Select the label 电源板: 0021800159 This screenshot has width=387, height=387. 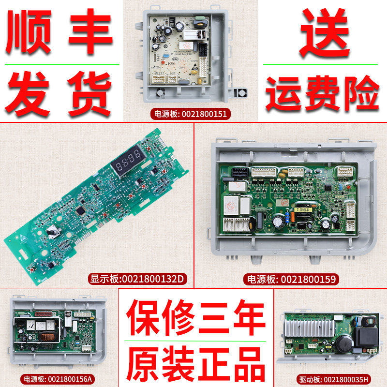(291, 279)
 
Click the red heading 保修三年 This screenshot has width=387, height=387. (196, 319)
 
